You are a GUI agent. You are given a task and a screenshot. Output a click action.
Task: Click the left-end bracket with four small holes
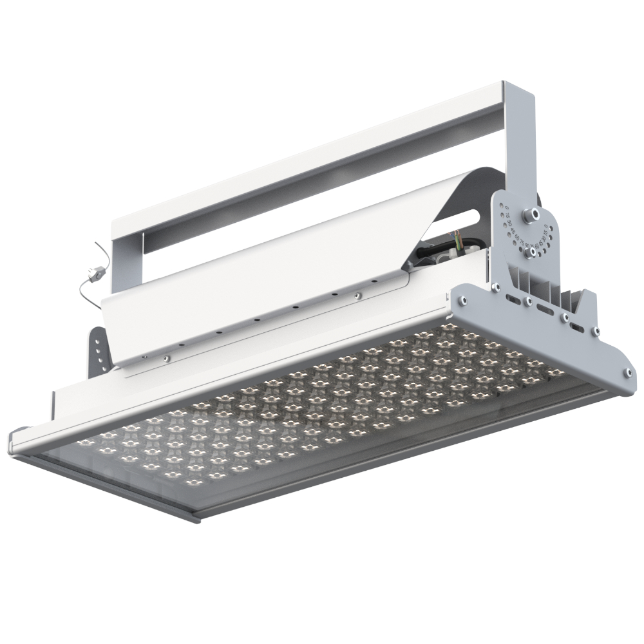[x=97, y=351]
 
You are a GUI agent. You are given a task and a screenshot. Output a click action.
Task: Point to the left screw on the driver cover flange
[x=166, y=358]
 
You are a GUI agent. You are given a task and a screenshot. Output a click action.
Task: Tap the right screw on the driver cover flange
[x=356, y=296]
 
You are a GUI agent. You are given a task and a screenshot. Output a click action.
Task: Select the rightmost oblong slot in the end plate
[x=583, y=326]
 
